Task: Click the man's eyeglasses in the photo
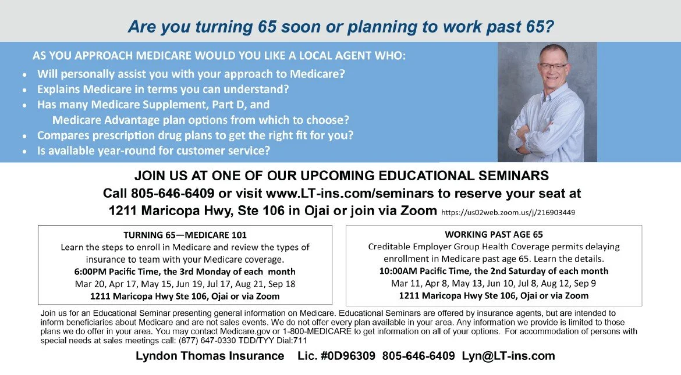(553, 66)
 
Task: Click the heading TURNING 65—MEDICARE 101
(185, 235)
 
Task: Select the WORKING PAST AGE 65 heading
(494, 234)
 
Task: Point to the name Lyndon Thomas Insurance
(210, 356)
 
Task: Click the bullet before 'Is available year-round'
(24, 151)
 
